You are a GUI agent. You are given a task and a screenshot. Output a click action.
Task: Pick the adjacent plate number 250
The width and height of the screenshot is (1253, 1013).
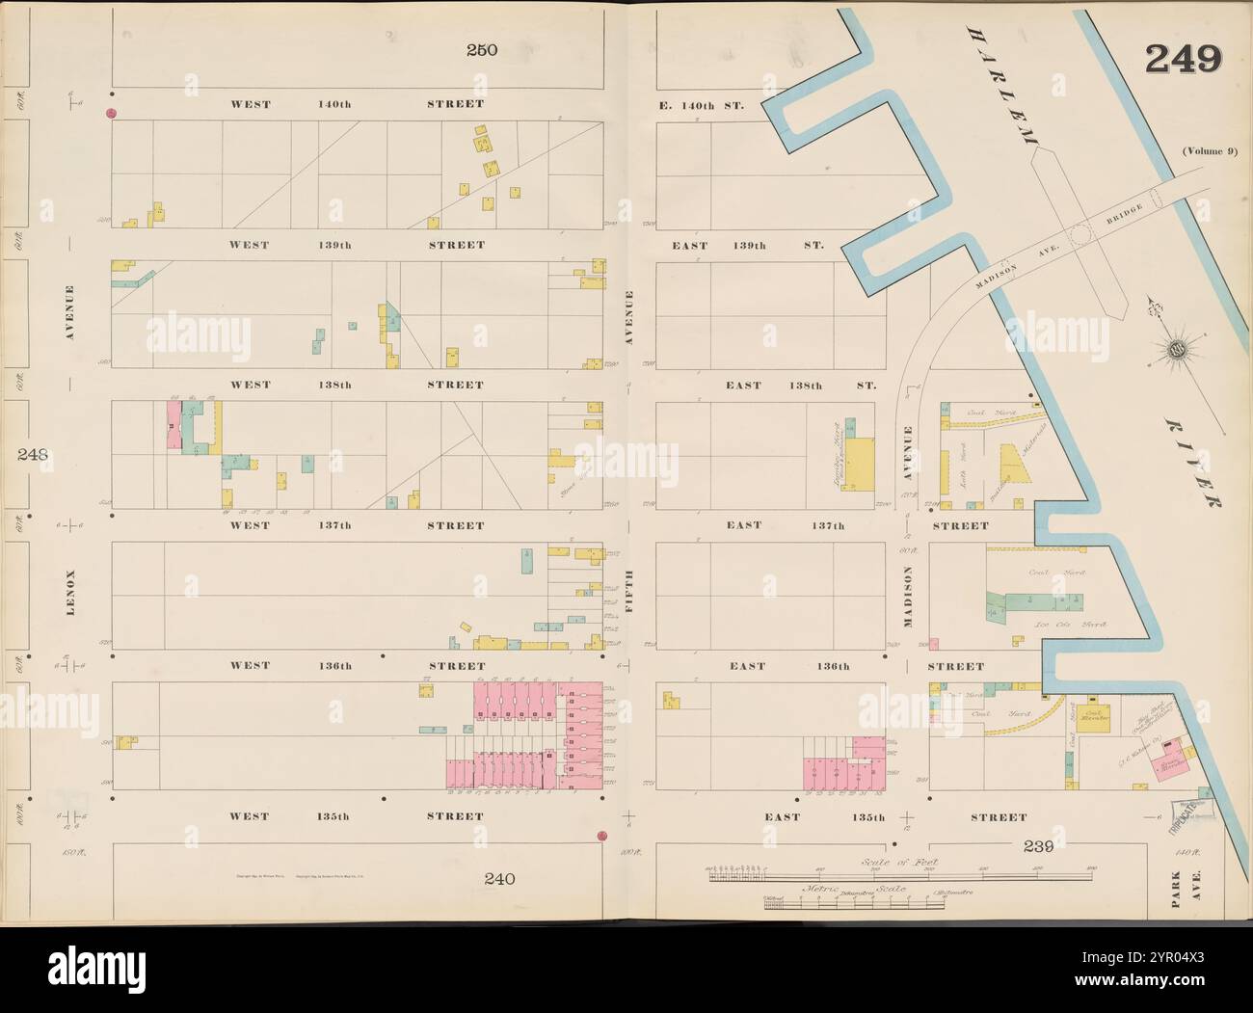pyautogui.click(x=482, y=50)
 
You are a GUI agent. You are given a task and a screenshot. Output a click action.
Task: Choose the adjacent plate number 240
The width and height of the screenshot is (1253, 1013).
pyautogui.click(x=500, y=878)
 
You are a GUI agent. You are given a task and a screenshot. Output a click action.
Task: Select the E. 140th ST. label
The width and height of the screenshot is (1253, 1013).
pyautogui.click(x=708, y=104)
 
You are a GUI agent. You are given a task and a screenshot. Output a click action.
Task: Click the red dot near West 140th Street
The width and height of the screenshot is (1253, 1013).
pyautogui.click(x=111, y=114)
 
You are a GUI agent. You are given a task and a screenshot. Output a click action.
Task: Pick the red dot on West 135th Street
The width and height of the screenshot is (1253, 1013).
pyautogui.click(x=601, y=835)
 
